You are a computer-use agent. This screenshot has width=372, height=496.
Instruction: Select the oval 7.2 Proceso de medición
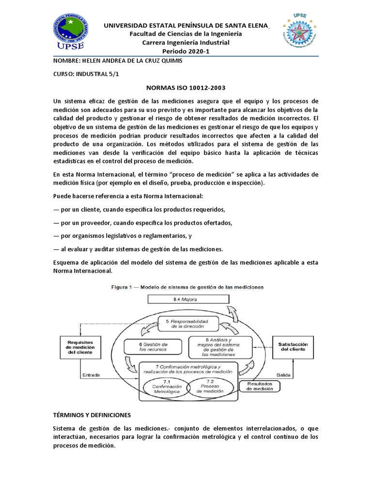(208, 388)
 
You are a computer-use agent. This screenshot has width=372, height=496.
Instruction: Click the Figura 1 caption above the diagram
(186, 287)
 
